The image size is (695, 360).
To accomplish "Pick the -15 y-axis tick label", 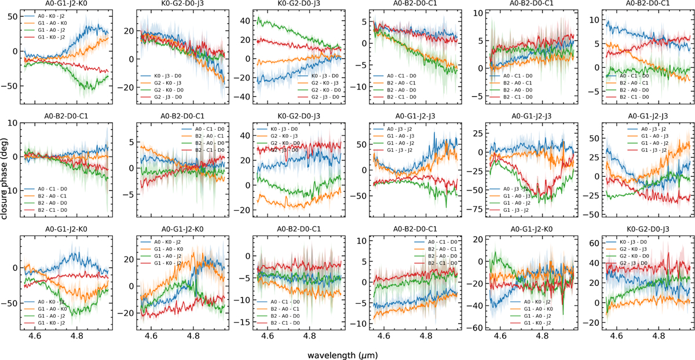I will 248,322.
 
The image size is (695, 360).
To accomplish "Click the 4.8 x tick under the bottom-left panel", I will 77,335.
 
